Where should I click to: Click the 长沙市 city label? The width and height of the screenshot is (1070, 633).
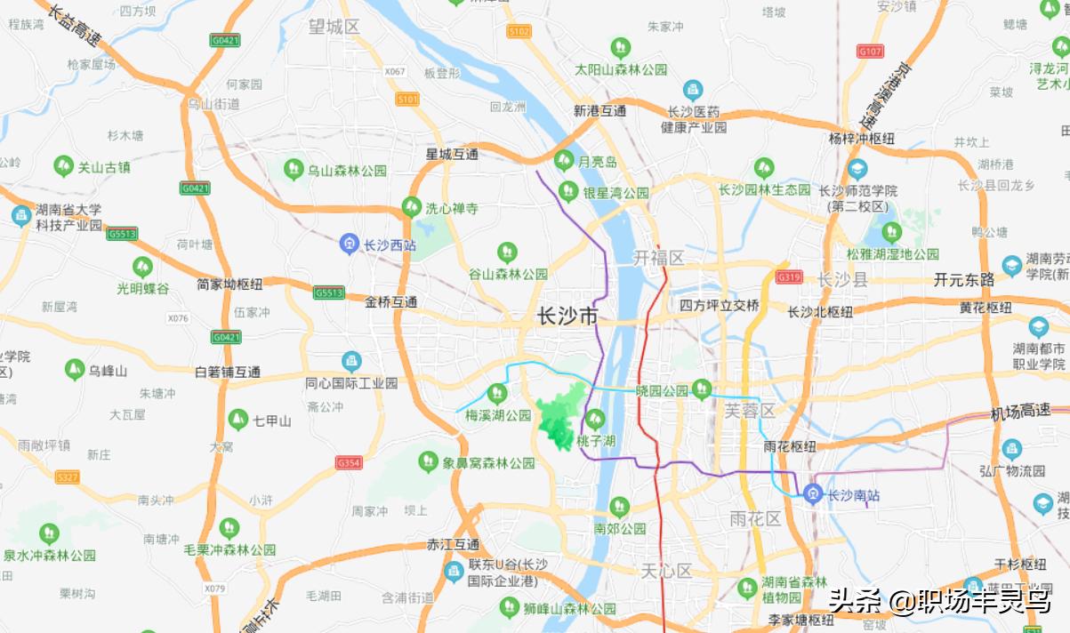567,316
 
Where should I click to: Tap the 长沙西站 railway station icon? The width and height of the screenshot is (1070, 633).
351,243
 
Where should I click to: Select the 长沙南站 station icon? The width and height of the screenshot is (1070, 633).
812,494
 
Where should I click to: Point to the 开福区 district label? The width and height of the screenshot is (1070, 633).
658,258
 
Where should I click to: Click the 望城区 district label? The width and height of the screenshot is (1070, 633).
334,27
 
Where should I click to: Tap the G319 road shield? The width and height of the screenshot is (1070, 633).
789,276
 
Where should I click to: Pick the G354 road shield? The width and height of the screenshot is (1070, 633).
349,462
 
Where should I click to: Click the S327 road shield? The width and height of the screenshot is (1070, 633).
68,477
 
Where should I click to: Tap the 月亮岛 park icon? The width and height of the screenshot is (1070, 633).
564,160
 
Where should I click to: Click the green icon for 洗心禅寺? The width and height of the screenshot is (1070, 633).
411,207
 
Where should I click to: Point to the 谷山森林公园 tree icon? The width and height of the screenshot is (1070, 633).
507,252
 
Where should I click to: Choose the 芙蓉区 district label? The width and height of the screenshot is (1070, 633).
749,411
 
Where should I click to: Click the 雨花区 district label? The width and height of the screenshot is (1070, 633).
754,518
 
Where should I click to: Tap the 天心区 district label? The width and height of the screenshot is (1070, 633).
666,571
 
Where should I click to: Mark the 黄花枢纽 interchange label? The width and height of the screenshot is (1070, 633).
986,308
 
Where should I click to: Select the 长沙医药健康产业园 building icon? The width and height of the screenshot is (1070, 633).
693,90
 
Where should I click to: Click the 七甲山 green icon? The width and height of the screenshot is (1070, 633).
237,419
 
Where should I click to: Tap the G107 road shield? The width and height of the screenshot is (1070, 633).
870,51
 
